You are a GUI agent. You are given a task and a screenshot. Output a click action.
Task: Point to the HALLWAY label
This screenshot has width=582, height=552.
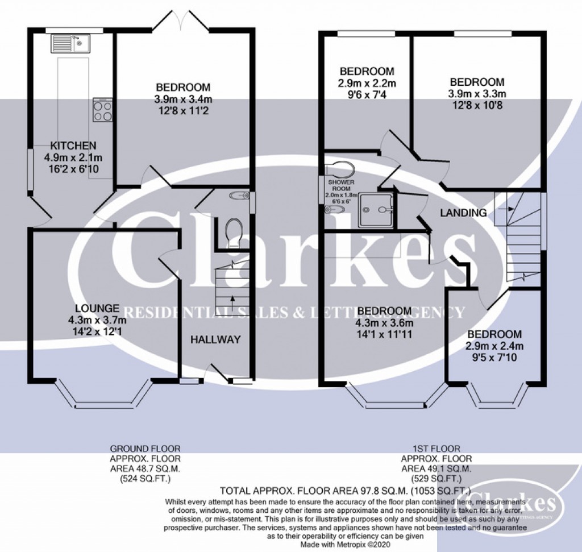215,339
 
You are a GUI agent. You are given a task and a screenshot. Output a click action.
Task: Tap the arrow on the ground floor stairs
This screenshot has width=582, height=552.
232,300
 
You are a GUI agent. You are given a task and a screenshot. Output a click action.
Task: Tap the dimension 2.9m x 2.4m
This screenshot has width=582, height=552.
494,346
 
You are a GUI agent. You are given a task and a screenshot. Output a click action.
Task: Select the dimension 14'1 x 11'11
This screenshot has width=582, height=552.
384,334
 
